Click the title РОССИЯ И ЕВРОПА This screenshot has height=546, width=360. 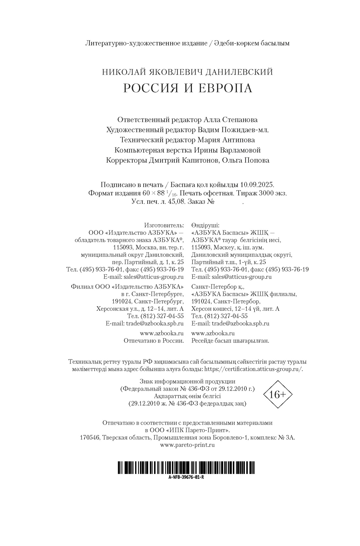coord(188,88)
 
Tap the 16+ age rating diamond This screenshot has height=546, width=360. coord(278,395)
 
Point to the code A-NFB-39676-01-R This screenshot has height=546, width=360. coord(186,477)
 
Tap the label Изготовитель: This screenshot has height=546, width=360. coord(164,225)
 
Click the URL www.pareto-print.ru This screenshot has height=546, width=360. coord(188,445)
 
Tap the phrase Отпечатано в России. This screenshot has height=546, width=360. coord(153,341)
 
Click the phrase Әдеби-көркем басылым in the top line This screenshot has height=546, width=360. coord(252,43)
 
